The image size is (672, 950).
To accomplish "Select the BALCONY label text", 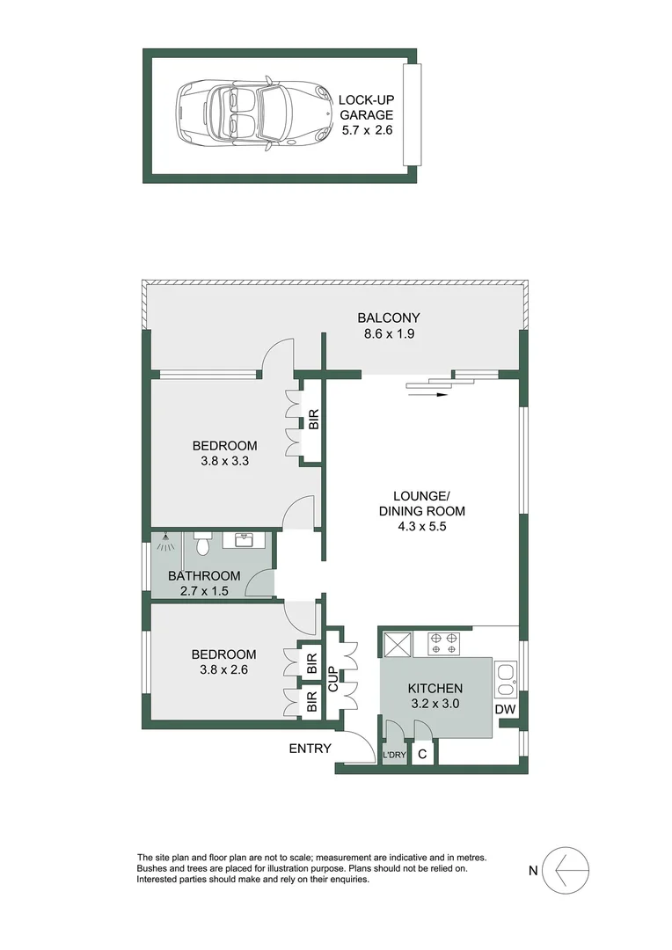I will pyautogui.click(x=388, y=318).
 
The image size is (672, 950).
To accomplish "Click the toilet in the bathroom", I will pyautogui.click(x=201, y=545).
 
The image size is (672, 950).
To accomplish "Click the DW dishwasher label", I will pyautogui.click(x=504, y=710).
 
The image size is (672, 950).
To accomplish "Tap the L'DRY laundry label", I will pyautogui.click(x=393, y=756).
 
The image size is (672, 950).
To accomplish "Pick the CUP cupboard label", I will pyautogui.click(x=334, y=679).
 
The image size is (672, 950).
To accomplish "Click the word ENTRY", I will pyautogui.click(x=310, y=749).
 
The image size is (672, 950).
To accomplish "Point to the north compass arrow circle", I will pyautogui.click(x=568, y=871).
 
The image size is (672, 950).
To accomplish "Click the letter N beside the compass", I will pyautogui.click(x=532, y=872).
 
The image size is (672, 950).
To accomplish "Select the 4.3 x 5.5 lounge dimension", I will pyautogui.click(x=421, y=526).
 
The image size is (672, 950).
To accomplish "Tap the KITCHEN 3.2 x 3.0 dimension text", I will pyautogui.click(x=435, y=704).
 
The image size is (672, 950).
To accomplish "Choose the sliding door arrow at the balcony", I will pyautogui.click(x=437, y=395).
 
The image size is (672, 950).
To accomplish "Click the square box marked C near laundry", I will pyautogui.click(x=422, y=754).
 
